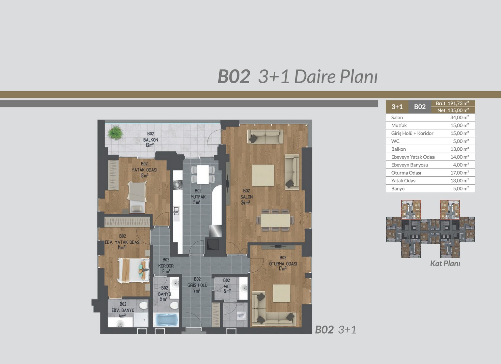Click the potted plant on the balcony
point(115,132)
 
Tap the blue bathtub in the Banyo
point(166,320)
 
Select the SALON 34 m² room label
point(246,196)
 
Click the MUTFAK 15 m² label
point(198,196)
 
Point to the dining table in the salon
point(275,220)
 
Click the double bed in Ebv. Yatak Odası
point(134,271)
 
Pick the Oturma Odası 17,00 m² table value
point(460,173)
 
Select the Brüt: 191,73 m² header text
point(452,103)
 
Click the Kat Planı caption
point(445,264)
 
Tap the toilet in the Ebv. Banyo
point(143,305)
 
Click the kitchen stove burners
point(178,185)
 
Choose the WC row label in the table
point(395,141)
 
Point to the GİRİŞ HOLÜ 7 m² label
point(197,285)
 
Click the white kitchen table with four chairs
point(203,174)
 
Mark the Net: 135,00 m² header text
point(453,111)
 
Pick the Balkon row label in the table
point(398,149)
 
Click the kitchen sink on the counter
point(176,211)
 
